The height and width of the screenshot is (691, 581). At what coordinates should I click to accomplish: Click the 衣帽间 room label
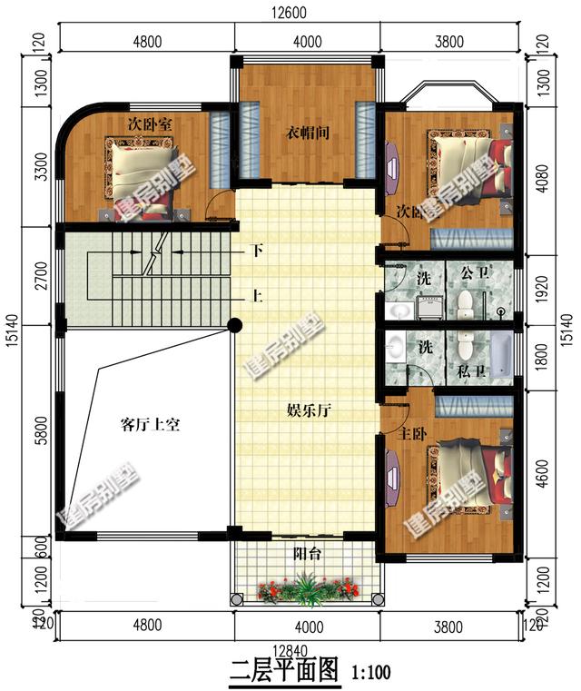[308, 132]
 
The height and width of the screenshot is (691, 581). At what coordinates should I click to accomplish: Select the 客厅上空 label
[151, 424]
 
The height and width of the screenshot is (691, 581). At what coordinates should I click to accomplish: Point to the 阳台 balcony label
[306, 553]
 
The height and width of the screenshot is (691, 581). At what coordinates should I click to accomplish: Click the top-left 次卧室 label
[151, 123]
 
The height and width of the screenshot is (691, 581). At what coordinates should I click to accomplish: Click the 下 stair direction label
[257, 251]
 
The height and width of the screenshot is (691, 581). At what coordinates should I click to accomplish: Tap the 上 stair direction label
[257, 295]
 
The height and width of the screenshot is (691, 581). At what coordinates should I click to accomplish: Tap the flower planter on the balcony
[305, 591]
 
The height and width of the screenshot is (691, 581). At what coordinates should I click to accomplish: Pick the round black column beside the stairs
[234, 324]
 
